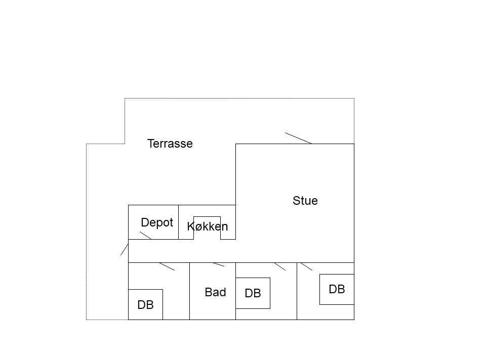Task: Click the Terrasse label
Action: tap(170, 144)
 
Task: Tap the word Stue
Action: tap(305, 201)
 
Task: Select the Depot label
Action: tap(157, 222)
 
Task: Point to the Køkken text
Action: tap(208, 226)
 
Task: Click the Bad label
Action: tap(216, 292)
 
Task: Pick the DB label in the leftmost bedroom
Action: tap(145, 305)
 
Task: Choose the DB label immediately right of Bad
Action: tap(253, 293)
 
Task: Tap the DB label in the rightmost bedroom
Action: tap(337, 289)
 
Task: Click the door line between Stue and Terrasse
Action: tap(299, 139)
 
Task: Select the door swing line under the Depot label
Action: tap(146, 236)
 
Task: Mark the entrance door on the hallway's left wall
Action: tap(125, 249)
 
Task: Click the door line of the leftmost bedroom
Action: tap(167, 266)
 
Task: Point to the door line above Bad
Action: tap(219, 264)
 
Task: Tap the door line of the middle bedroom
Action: tap(280, 266)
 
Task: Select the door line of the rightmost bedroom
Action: tap(307, 266)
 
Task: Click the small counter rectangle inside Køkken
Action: tap(207, 217)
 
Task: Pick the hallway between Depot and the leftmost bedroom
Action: tap(182, 251)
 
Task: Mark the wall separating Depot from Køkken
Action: tap(179, 222)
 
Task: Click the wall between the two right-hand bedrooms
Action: tap(297, 291)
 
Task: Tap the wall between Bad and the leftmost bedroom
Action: tap(190, 291)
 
